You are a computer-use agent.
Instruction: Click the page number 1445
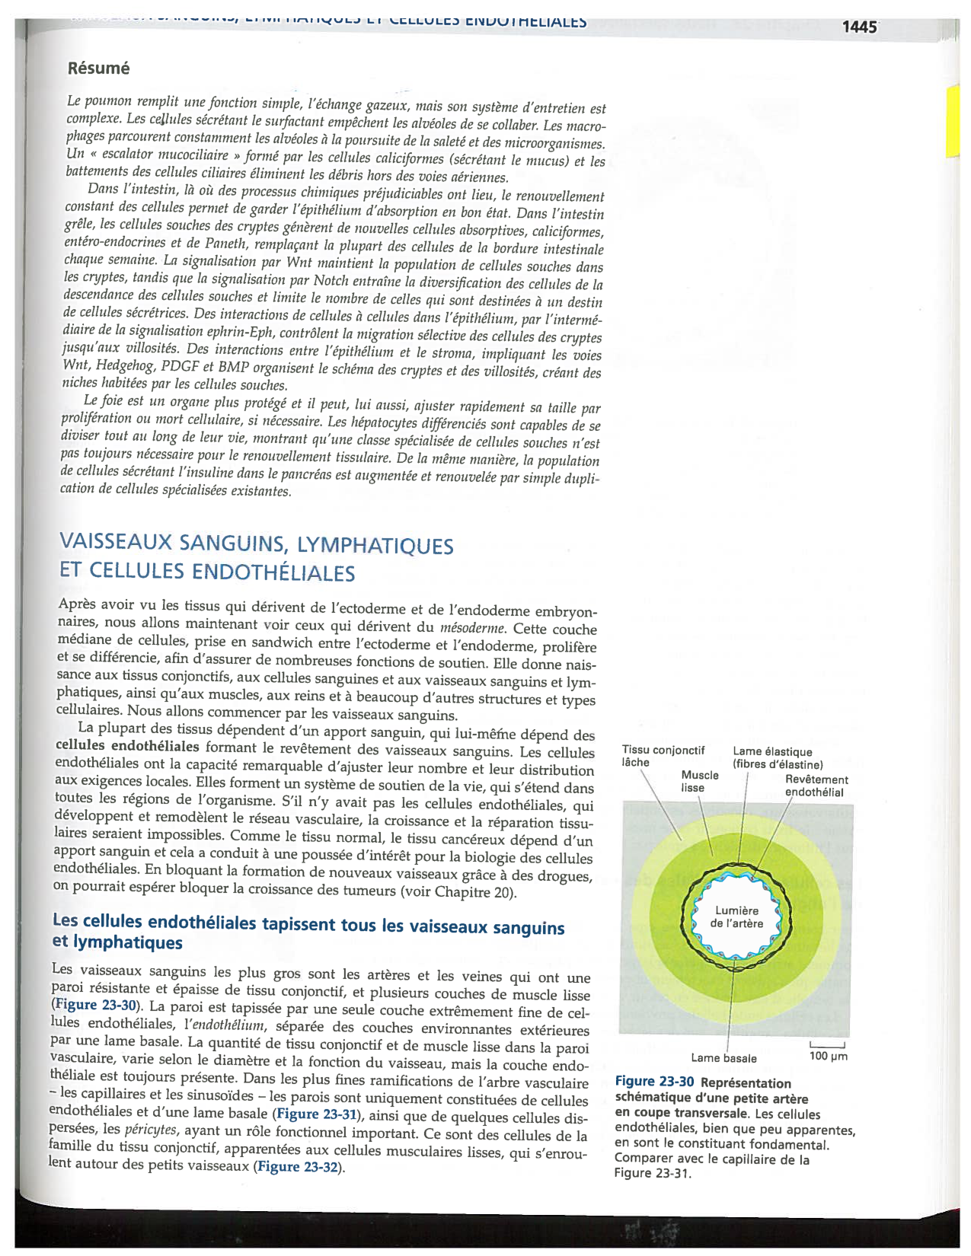pos(859,27)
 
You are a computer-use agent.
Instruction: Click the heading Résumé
pos(98,69)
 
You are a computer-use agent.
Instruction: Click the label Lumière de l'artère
pos(736,916)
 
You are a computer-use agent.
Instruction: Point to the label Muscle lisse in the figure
pos(699,781)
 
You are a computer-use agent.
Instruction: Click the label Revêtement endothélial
pos(816,786)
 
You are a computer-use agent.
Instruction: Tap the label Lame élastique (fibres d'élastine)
pos(777,758)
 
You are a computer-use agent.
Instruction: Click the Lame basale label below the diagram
pos(723,1058)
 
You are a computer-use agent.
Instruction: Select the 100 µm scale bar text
pos(828,1057)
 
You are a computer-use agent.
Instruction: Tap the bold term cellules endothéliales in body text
pos(127,746)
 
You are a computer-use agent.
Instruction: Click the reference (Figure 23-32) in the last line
pos(299,1167)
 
